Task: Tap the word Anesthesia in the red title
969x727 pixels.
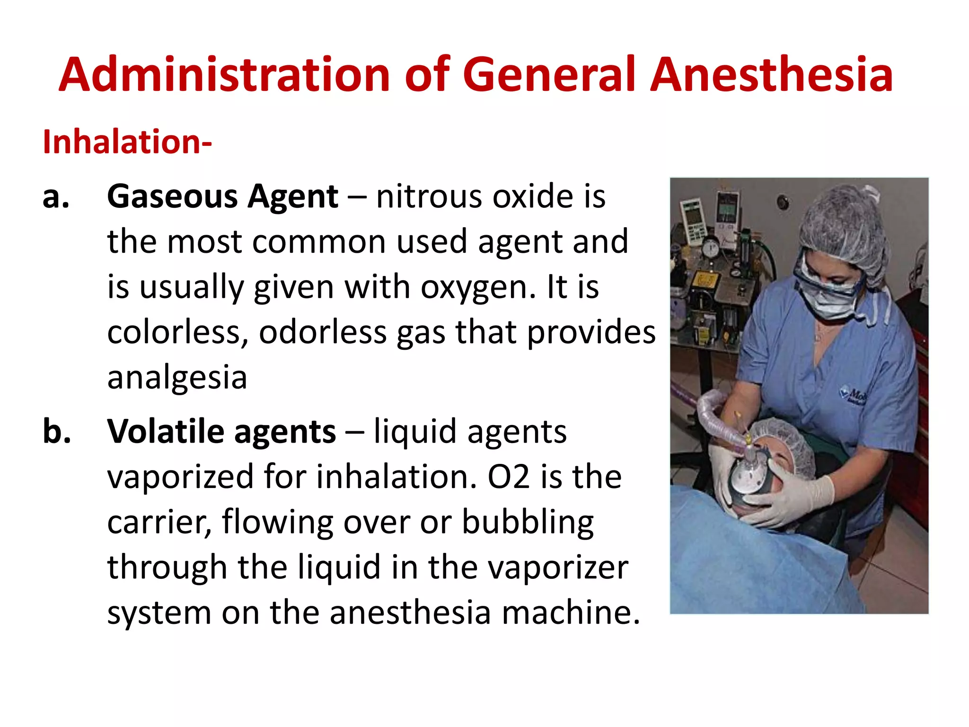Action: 771,75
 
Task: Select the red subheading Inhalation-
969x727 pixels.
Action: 127,142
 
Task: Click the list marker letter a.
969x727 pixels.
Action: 56,197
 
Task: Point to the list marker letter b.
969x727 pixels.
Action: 57,432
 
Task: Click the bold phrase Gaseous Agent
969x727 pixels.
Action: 222,197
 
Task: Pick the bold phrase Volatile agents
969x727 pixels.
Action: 221,432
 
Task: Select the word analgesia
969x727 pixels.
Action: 177,378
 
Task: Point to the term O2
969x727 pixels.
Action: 508,477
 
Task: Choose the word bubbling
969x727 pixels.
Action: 528,523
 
